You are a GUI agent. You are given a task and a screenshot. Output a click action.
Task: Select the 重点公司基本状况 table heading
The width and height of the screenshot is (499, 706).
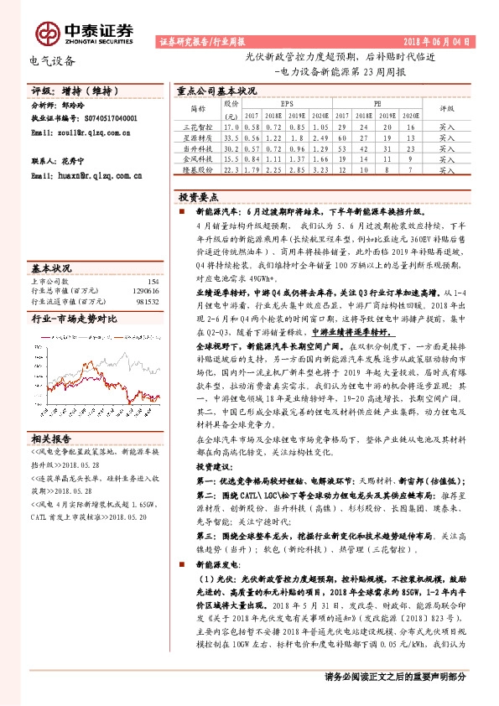coord(216,91)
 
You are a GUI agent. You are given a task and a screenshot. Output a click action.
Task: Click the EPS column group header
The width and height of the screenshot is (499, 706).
coord(287,105)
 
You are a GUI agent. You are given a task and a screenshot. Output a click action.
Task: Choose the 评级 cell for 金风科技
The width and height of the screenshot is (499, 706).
coord(447,158)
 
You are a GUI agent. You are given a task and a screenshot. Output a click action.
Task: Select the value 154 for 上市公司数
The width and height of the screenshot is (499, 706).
coord(152,282)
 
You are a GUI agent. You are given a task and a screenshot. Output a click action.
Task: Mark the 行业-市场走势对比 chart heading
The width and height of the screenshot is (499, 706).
coord(74,319)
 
